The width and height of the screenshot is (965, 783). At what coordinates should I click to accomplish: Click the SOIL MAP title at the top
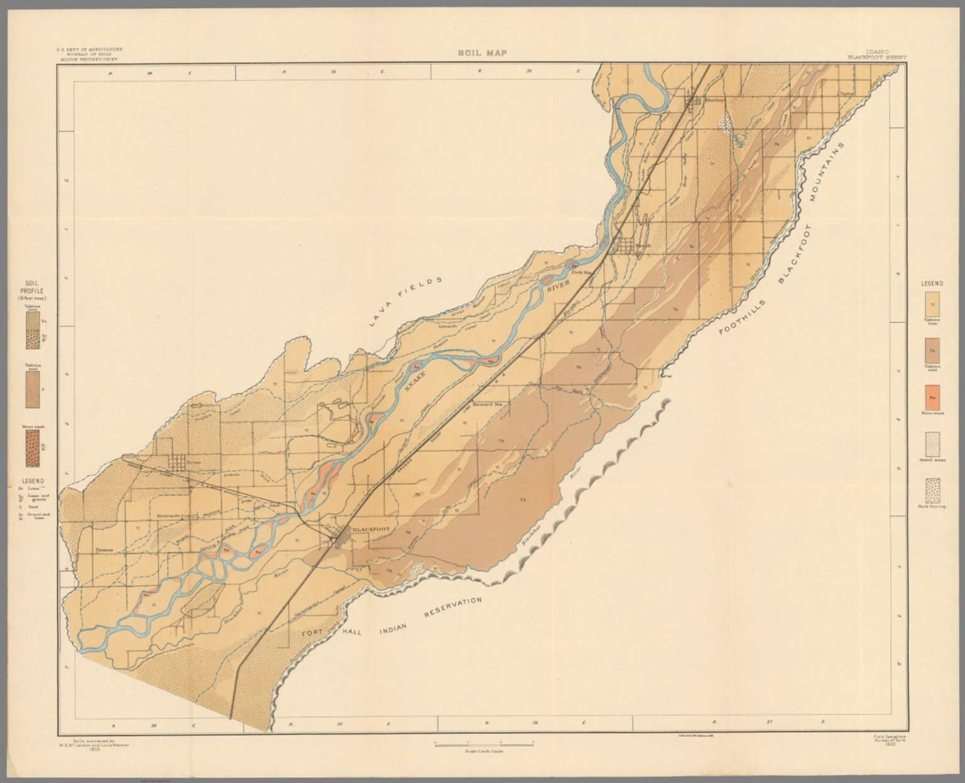tap(482, 53)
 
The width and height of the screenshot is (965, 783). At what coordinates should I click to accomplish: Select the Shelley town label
tap(715, 100)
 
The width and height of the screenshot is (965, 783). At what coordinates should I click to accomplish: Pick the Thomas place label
tap(104, 550)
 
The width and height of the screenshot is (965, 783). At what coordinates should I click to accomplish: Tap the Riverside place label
tap(168, 516)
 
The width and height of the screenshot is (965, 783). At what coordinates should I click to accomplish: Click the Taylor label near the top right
tap(848, 94)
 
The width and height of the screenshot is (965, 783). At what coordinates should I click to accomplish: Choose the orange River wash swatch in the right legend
tap(933, 397)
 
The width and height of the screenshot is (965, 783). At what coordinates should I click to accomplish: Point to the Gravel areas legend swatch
tap(933, 444)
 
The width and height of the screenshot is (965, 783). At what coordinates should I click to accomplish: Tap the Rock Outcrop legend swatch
tap(933, 491)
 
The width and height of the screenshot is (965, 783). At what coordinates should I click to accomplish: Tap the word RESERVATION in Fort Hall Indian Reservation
tap(454, 610)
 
